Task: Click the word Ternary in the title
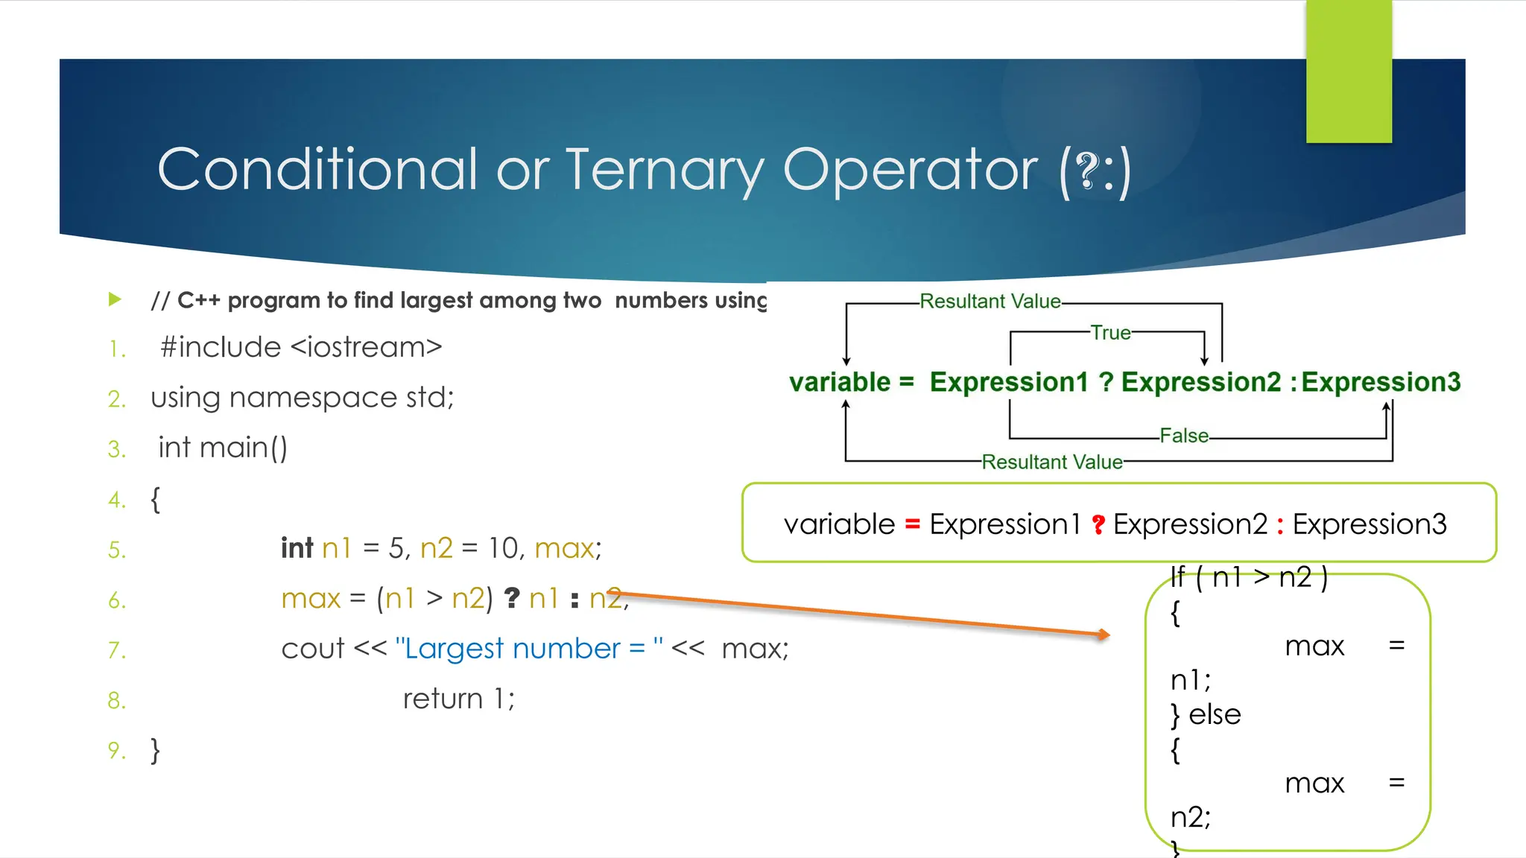665,170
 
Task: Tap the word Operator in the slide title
910,170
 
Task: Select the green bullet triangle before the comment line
115,299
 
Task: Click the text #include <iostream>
301,347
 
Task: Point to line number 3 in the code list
116,449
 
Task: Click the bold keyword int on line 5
297,548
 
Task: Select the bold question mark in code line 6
512,598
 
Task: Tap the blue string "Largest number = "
529,649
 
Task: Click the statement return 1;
458,699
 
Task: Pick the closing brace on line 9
155,750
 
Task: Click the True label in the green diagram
1110,333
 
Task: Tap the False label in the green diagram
1184,436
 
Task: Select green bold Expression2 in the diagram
1200,382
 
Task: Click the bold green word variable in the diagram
840,382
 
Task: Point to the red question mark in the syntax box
1098,524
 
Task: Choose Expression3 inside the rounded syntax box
1369,524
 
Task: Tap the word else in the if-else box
1215,714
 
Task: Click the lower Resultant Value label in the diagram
1051,462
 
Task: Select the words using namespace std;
303,398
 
